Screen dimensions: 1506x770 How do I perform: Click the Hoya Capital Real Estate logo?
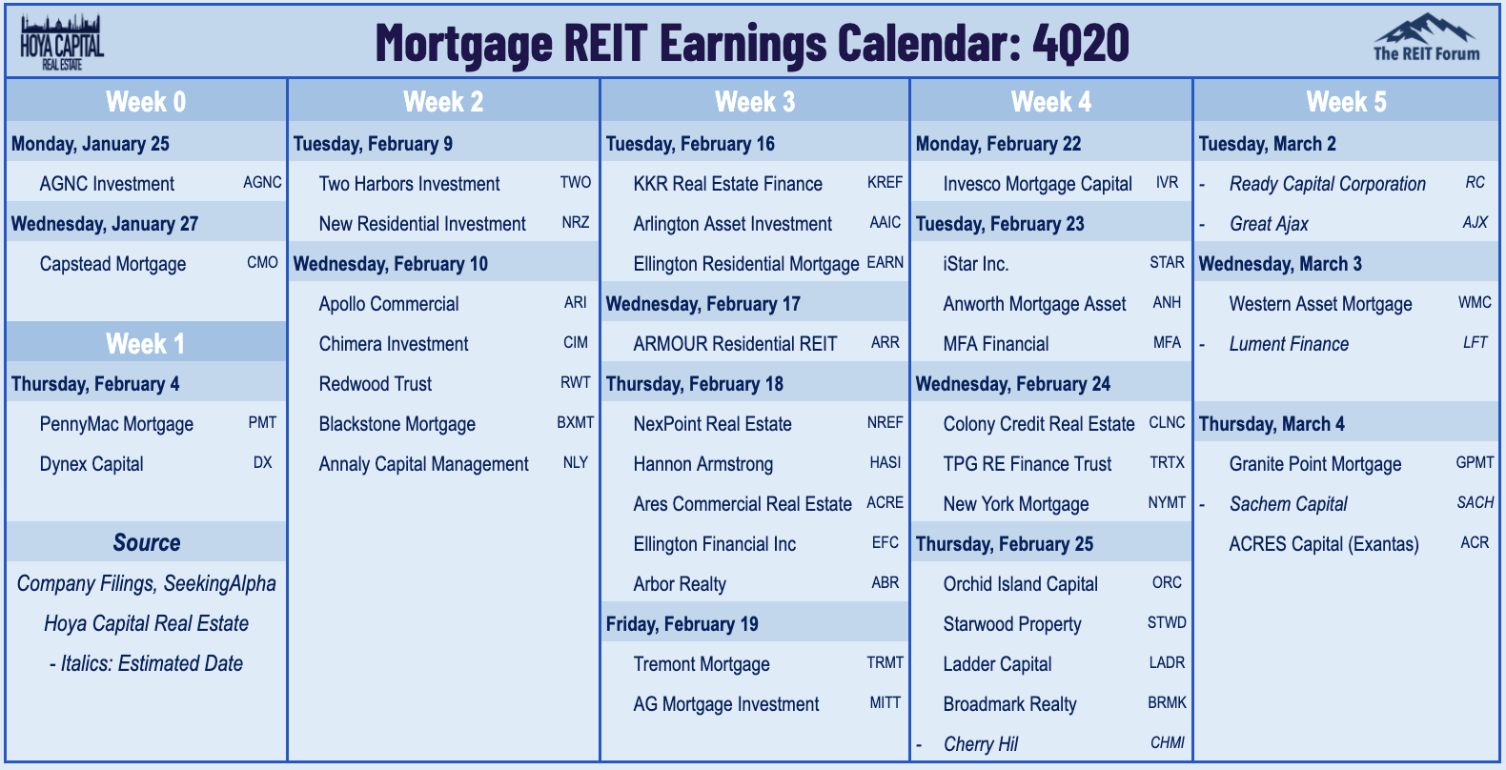point(62,43)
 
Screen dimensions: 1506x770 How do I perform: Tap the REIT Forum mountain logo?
point(1425,37)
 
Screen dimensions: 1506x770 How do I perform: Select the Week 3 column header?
point(755,102)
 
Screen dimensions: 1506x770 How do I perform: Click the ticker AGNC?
point(262,182)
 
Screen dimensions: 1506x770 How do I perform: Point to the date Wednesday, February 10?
point(391,263)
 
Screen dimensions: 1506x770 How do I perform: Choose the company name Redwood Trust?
point(376,384)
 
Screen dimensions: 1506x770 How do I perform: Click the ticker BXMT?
point(576,422)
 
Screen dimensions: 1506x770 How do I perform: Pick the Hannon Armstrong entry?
point(703,463)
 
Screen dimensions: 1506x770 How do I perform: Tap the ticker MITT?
point(885,702)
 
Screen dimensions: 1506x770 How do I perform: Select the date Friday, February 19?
point(682,624)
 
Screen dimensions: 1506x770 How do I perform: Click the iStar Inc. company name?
point(975,264)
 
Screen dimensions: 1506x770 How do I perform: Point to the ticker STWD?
point(1167,623)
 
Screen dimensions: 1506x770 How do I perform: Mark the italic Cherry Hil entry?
point(980,744)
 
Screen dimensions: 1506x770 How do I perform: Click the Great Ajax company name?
point(1269,224)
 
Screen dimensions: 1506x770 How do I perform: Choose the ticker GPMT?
point(1475,462)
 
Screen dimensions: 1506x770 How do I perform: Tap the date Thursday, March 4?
point(1272,424)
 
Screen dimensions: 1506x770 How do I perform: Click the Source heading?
point(147,542)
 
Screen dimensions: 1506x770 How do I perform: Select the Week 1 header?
point(145,343)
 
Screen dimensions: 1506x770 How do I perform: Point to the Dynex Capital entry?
point(92,463)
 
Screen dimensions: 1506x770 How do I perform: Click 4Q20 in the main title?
point(1081,43)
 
